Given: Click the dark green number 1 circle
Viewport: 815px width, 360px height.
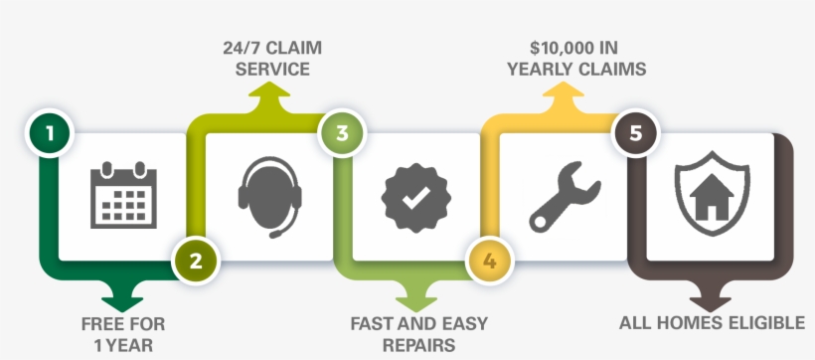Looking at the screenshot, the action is [47, 133].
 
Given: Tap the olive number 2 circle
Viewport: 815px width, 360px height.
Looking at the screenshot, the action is [195, 262].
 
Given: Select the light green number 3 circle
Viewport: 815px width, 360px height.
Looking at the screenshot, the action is [341, 133].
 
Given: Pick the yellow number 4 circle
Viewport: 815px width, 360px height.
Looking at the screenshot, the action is [489, 262].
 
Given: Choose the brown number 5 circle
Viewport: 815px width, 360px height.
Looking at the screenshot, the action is [635, 133].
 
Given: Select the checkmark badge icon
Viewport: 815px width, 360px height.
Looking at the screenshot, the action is [415, 196].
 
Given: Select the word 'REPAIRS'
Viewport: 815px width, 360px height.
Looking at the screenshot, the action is [417, 345].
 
